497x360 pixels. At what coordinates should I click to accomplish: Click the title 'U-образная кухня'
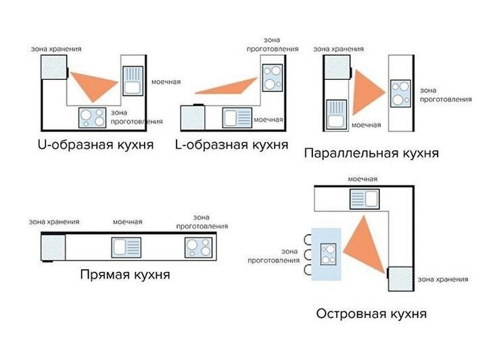96,145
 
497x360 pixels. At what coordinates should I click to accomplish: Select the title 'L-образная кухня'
232,145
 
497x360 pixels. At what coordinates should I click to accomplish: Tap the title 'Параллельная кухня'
371,153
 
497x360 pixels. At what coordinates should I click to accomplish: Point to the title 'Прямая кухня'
125,275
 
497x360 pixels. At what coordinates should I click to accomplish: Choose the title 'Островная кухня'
371,314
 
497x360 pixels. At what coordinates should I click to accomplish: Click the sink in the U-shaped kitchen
133,81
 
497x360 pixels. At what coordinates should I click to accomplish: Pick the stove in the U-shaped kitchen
92,118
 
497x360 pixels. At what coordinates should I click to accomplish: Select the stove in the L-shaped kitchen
273,78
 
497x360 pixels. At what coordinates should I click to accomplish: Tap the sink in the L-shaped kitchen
237,118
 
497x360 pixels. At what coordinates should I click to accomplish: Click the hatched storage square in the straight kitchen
53,247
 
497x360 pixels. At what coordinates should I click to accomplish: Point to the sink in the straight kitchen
126,248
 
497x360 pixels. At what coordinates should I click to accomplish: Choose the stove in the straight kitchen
199,248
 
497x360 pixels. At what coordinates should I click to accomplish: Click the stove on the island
328,254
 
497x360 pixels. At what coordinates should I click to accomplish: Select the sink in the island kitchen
364,199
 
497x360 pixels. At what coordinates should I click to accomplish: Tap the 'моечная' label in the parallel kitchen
366,125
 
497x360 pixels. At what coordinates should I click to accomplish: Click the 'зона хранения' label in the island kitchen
443,279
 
